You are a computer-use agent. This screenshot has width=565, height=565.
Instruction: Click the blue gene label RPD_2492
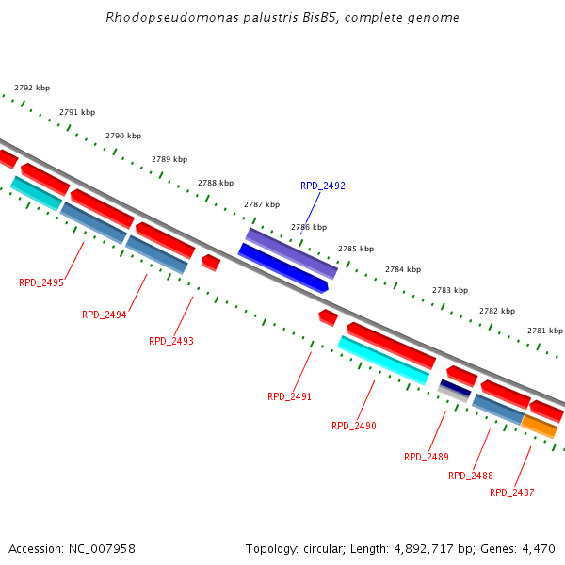tap(323, 186)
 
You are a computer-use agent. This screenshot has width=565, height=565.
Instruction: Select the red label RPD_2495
tap(41, 282)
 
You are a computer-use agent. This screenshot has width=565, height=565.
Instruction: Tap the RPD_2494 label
tap(105, 315)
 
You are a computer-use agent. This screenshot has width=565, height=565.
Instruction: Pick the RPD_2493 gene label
tap(171, 341)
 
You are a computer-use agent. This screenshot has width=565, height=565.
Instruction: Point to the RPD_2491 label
tap(290, 397)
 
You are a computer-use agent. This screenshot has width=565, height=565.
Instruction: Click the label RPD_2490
tap(354, 427)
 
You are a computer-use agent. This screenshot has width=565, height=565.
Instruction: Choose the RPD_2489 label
tap(427, 458)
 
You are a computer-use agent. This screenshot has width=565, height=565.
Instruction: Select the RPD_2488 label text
tap(471, 476)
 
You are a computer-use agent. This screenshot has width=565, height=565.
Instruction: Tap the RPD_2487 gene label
tap(512, 493)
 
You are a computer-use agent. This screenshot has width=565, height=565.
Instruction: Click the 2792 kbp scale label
tap(32, 89)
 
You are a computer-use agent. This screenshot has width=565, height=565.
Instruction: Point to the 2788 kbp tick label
tap(216, 184)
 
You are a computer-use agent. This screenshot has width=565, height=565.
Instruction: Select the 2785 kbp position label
tap(356, 250)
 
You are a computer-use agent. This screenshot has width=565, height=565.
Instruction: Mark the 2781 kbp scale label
tap(545, 331)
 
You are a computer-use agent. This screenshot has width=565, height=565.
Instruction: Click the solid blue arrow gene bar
tap(282, 267)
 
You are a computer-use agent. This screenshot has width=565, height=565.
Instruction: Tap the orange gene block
tap(540, 427)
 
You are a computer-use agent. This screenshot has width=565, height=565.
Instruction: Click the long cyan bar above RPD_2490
tap(383, 361)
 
